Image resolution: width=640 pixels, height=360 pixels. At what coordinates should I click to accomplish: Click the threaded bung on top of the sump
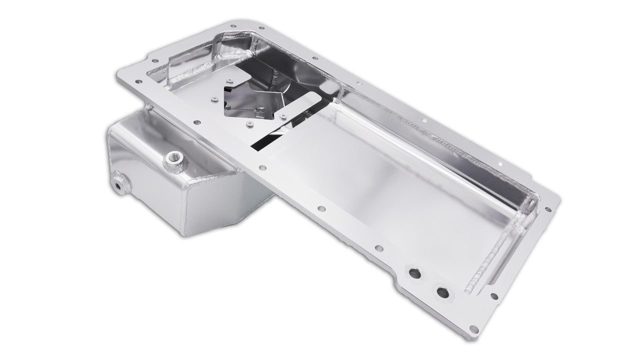coord(175,159)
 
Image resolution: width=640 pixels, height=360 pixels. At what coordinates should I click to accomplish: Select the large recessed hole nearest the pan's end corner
coord(442,291)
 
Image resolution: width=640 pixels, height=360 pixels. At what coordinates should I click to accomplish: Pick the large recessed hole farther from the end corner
coord(414,273)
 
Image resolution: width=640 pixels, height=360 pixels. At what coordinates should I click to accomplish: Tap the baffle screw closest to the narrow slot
coord(283,116)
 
